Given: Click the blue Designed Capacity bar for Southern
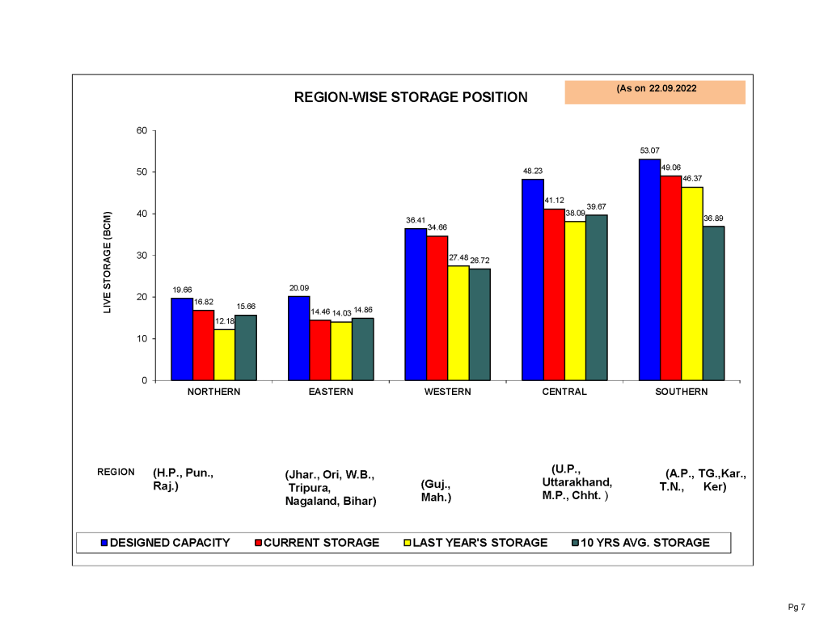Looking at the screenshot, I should pos(649,269).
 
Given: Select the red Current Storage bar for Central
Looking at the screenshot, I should pos(554,295).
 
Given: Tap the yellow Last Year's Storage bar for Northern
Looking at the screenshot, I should pos(225,354).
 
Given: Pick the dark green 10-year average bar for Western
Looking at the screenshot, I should pos(479,324).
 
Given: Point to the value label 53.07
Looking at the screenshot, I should pos(649,150).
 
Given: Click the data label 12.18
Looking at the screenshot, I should pos(225,321).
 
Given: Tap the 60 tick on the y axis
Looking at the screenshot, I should pos(142,131).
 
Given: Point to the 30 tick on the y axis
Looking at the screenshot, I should pos(142,256).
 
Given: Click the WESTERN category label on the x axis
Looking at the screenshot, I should pos(448,392).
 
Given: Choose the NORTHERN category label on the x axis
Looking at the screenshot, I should pos(213,392).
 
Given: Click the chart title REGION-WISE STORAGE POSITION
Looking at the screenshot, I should pos(411,97).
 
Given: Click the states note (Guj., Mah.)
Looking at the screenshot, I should pos(436,490).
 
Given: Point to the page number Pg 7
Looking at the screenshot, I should pos(796,607).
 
